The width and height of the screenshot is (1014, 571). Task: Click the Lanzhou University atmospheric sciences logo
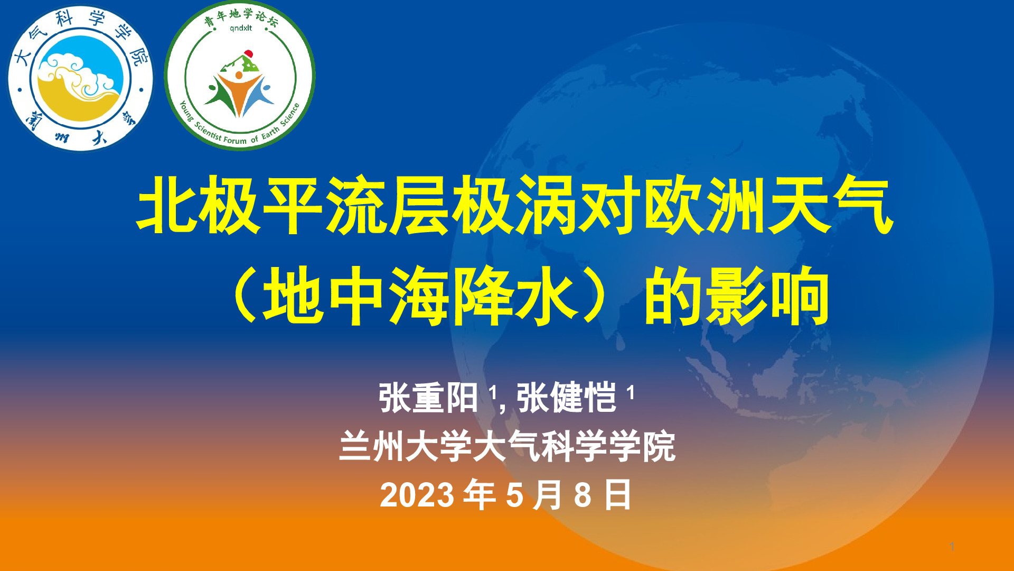[80, 79]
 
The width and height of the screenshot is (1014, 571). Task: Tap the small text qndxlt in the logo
[241, 28]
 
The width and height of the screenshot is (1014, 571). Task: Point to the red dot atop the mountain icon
[248, 53]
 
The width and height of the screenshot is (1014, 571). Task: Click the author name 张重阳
[428, 398]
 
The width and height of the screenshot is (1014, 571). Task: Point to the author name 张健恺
[566, 398]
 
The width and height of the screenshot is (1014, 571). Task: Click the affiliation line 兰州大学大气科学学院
[507, 447]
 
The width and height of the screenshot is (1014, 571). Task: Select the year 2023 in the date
[417, 495]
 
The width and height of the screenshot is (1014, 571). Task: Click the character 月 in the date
[547, 495]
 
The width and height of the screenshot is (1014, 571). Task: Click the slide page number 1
[952, 546]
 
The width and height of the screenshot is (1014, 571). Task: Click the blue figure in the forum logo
[260, 98]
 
